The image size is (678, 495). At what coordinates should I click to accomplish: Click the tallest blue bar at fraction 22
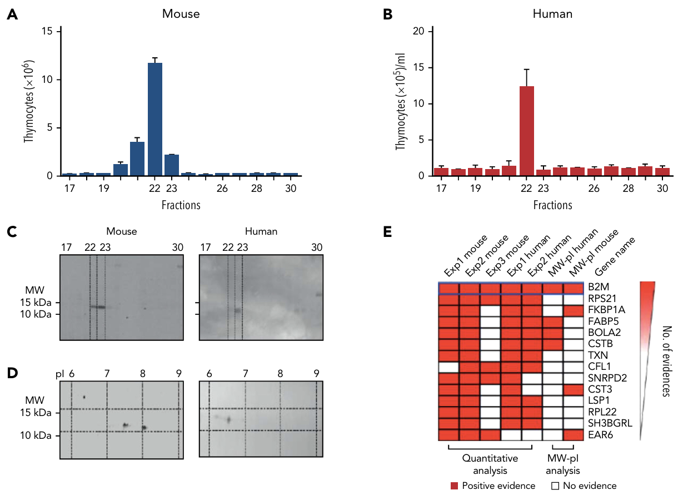coord(154,119)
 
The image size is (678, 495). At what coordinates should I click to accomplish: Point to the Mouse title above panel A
coord(180,13)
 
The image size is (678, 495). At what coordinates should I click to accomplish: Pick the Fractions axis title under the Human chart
coord(552,205)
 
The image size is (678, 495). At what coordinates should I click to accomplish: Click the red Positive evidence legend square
coord(455,486)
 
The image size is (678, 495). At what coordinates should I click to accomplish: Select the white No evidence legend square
coord(554,486)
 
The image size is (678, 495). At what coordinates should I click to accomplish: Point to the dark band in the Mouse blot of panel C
coord(97,306)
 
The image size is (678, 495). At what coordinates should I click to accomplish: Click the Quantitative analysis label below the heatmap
coord(491,464)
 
